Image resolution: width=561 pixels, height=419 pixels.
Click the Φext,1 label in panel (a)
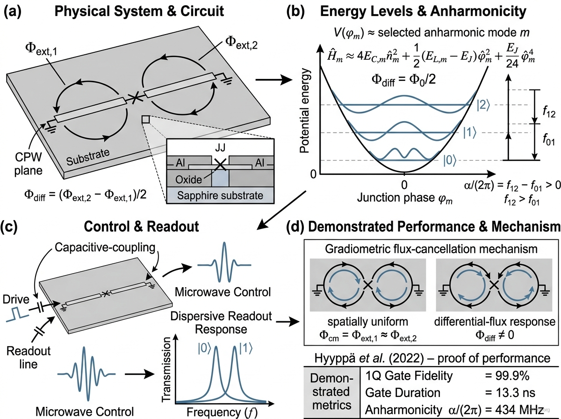click(41, 49)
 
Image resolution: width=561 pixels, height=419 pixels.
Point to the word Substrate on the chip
click(88, 157)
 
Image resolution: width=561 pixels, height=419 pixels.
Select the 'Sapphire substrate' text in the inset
click(220, 195)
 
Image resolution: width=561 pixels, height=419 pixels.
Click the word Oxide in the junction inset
click(188, 180)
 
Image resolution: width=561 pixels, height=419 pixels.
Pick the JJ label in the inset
click(220, 148)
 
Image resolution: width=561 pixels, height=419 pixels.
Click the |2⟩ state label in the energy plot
click(483, 105)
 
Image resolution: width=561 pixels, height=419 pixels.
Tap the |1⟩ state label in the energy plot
click(470, 133)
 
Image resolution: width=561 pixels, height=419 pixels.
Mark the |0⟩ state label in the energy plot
click(450, 161)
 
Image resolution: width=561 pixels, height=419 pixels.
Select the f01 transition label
click(549, 139)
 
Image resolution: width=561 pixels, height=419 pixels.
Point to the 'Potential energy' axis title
click(305, 111)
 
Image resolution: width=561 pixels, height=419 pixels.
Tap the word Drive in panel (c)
click(16, 300)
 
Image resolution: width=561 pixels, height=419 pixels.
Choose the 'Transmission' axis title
click(166, 369)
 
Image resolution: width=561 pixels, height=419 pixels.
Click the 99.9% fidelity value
click(507, 376)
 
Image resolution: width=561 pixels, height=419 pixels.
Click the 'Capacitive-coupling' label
click(105, 248)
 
